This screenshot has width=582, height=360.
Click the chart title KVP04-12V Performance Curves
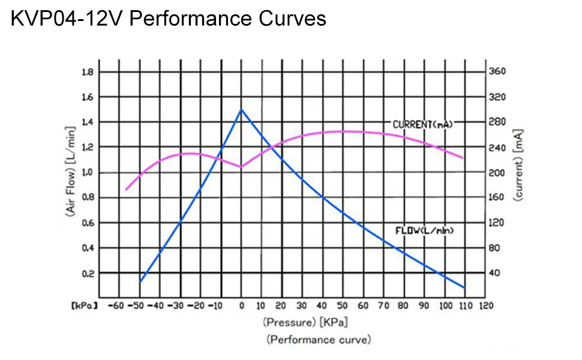coord(169,19)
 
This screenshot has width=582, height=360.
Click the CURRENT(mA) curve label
coord(422,124)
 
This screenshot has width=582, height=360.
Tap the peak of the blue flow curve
coord(241,109)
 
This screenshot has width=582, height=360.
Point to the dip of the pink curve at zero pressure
coord(241,167)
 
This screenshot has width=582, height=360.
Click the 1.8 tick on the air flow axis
coord(87,72)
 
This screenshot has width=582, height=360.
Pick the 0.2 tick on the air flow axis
coord(87,273)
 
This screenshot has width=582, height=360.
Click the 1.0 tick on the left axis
coord(87,173)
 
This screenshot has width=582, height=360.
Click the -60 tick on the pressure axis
coord(118,305)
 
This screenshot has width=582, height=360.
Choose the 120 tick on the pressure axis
coord(485,305)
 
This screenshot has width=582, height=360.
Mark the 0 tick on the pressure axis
coord(241,305)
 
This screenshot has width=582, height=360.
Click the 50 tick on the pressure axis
coord(343,305)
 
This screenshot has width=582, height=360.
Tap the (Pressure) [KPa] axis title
coord(305,322)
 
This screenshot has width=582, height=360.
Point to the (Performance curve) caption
coord(319,340)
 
